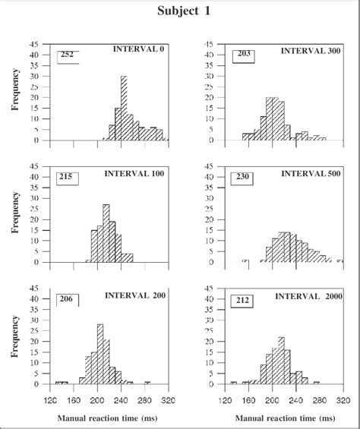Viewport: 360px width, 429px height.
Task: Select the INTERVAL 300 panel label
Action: pyautogui.click(x=310, y=51)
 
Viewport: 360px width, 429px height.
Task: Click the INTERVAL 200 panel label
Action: pyautogui.click(x=135, y=296)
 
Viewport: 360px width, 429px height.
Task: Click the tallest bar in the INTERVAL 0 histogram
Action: pyautogui.click(x=124, y=108)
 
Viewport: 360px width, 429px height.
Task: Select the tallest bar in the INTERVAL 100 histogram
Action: pyautogui.click(x=106, y=233)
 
